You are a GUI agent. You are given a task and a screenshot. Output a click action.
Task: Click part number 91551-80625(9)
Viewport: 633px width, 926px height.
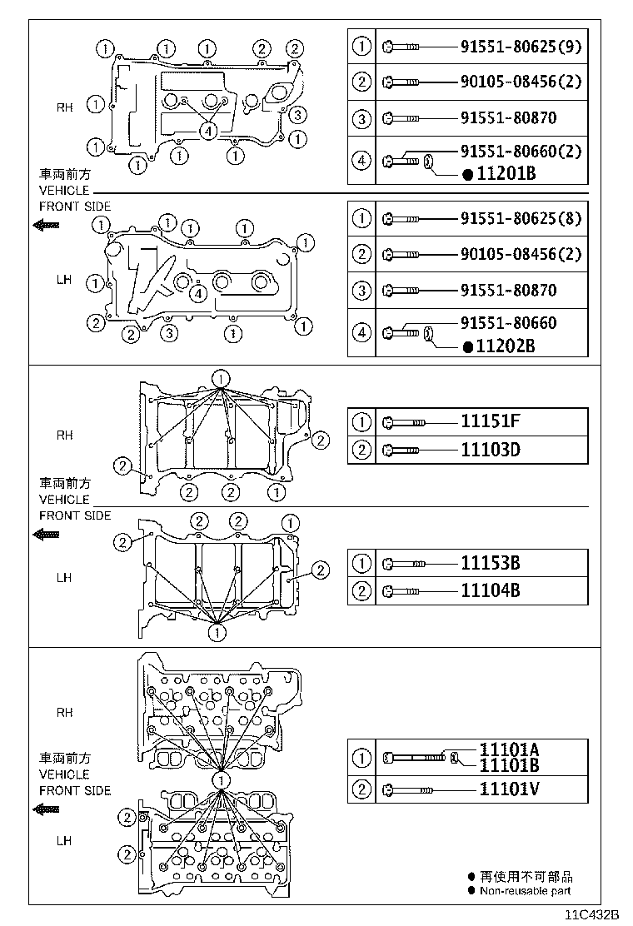(x=521, y=47)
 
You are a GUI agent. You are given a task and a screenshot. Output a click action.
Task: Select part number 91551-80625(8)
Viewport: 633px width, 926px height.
(x=521, y=220)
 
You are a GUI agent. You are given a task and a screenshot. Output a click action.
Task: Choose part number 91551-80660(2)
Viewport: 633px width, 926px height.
(x=521, y=152)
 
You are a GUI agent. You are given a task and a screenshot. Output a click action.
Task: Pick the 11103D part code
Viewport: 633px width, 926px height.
(x=491, y=451)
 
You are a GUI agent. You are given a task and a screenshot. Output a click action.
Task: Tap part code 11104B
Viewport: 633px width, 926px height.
(x=491, y=592)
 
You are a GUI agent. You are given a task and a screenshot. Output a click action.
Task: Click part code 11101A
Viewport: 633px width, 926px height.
(x=509, y=749)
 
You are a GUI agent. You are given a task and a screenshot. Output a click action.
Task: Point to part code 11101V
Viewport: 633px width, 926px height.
(x=509, y=788)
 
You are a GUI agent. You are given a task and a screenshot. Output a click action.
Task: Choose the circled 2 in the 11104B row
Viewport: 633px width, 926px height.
(x=362, y=592)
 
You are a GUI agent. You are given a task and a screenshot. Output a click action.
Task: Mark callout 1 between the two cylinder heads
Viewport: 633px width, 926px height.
(x=221, y=780)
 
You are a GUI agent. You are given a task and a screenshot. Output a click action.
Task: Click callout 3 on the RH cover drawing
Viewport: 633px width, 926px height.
(x=299, y=115)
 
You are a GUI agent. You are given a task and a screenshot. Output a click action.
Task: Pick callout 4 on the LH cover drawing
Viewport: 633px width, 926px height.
(x=197, y=292)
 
